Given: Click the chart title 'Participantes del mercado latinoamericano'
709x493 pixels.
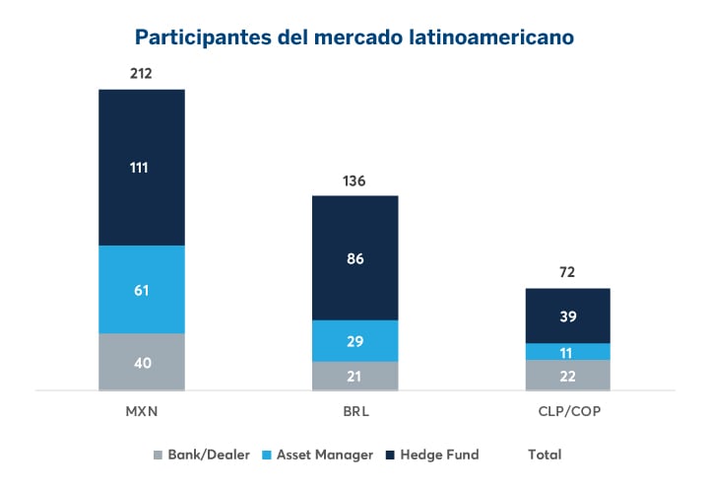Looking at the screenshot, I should pos(354,37).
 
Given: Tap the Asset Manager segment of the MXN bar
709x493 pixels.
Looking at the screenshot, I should pos(141,289).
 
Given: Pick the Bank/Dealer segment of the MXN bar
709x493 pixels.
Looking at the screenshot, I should pos(141,362).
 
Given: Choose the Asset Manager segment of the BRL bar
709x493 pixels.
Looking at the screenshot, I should pos(354,340).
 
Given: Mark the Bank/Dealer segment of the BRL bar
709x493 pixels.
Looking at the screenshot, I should pos(354,376).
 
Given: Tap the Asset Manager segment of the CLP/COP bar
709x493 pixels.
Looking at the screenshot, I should pos(567,351).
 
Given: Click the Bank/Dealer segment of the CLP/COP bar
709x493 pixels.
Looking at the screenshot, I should pos(567,375).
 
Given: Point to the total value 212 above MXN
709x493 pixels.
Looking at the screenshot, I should pos(141,74).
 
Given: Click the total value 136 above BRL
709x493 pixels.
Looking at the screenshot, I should pos(354,180).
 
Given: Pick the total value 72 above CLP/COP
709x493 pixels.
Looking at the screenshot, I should pos(567,272).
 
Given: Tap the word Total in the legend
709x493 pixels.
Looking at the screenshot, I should pos(545,455).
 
